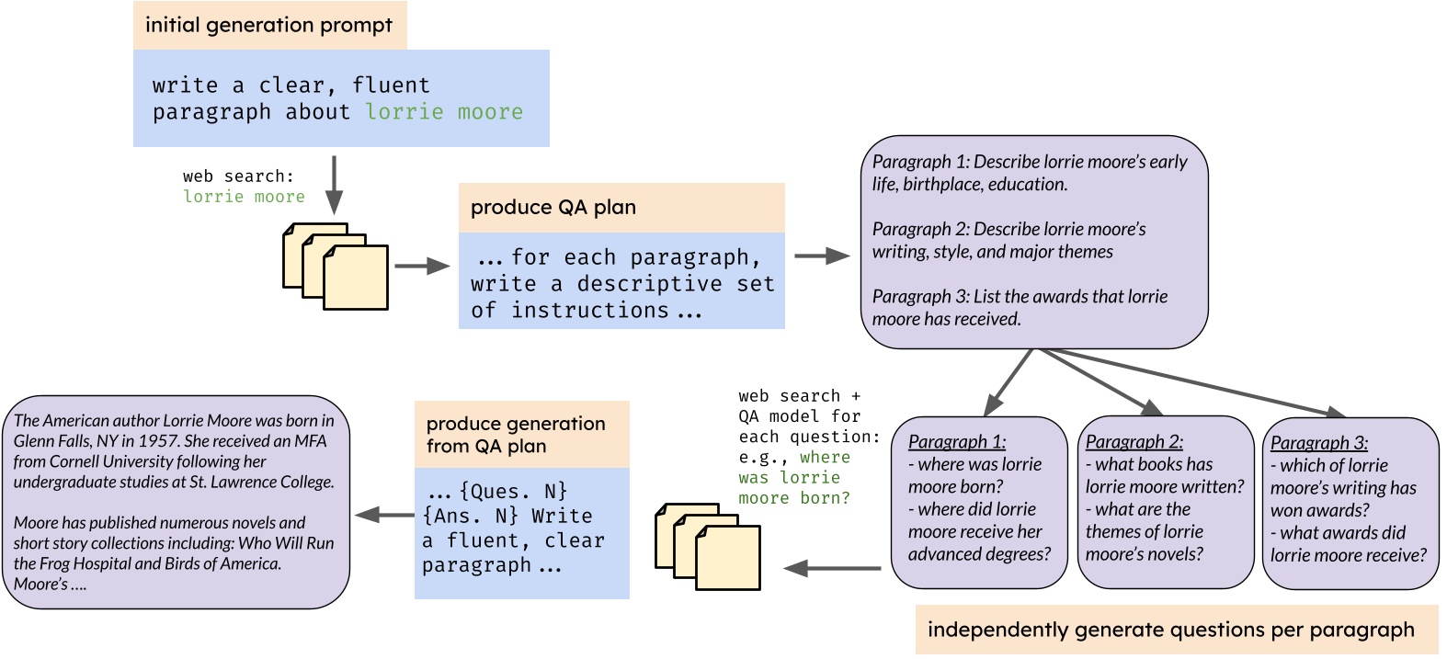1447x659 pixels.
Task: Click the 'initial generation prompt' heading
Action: [268, 26]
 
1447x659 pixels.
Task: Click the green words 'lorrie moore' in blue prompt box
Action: [444, 112]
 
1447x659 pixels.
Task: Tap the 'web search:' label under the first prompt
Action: [238, 176]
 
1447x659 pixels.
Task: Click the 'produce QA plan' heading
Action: [553, 208]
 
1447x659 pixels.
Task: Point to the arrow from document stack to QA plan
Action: [421, 267]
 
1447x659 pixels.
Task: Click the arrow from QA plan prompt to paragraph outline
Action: [822, 256]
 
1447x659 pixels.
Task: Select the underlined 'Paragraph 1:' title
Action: [956, 442]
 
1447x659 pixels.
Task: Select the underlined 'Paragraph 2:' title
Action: [1134, 442]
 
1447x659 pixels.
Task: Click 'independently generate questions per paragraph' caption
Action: [1170, 630]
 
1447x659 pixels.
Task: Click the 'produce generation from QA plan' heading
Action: [516, 435]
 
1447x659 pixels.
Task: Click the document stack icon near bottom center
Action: [707, 546]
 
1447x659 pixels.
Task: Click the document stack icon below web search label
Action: [335, 266]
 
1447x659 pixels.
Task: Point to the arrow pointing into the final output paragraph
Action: [383, 516]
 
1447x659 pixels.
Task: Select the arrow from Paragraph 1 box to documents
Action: [832, 568]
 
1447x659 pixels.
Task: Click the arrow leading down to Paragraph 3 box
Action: [1195, 381]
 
